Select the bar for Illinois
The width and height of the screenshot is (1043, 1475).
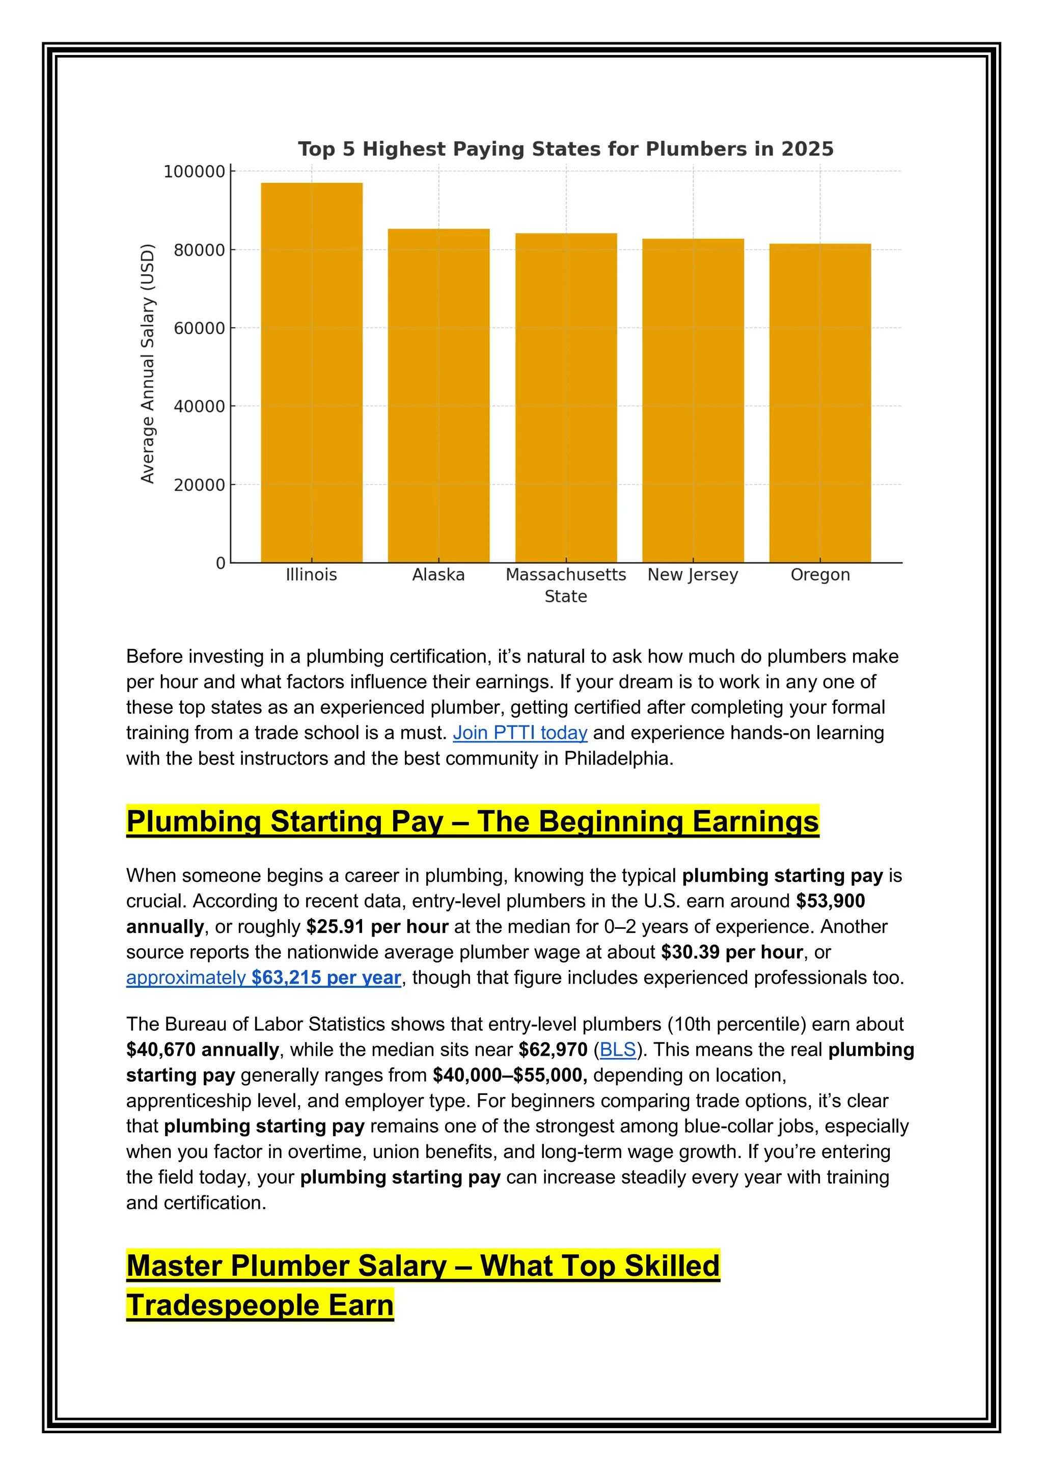click(x=312, y=372)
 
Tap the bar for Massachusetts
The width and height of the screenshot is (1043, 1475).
click(x=566, y=398)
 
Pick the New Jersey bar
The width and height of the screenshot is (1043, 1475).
click(x=693, y=401)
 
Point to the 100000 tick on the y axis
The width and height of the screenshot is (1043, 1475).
click(x=194, y=172)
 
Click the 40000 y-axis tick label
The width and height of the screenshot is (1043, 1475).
click(x=199, y=407)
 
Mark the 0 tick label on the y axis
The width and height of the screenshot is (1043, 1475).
click(x=221, y=564)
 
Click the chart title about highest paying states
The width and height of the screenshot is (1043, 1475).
click(x=565, y=149)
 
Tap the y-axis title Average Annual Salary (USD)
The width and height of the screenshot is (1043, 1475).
click(x=148, y=364)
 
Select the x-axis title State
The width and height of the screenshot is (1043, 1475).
click(x=565, y=597)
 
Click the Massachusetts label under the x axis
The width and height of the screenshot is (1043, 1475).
click(x=565, y=575)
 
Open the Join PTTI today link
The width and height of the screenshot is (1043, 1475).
click(x=519, y=733)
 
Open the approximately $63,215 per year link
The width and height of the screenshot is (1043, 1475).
click(x=263, y=978)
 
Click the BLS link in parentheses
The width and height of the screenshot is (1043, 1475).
click(x=617, y=1050)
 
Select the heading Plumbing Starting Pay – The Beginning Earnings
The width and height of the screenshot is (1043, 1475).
click(x=472, y=822)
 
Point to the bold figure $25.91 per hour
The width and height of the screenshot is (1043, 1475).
click(x=377, y=927)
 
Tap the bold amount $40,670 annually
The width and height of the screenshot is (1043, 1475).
click(x=202, y=1050)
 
